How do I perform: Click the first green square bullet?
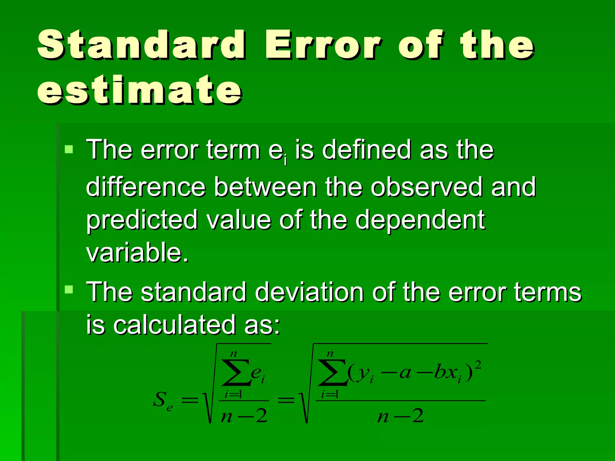point(69,149)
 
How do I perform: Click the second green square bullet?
point(69,290)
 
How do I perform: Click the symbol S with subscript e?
point(162,401)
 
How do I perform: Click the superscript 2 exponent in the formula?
point(478,365)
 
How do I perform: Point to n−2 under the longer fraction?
point(401,416)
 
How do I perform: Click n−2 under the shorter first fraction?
point(244,416)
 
